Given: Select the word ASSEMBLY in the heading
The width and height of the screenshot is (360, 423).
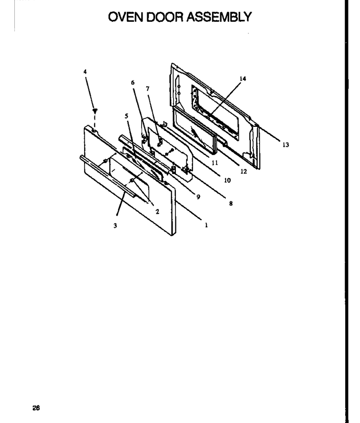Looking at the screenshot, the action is (219, 17).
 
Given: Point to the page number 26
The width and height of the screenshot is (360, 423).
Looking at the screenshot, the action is (36, 408).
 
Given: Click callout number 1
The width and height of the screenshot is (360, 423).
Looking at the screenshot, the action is (206, 225).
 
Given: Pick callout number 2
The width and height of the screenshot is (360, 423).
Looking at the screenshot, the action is (157, 211).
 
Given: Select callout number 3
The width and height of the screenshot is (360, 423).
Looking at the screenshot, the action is (115, 225).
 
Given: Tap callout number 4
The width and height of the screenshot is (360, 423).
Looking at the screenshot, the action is (85, 72).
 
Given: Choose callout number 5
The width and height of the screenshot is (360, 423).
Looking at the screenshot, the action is (126, 116).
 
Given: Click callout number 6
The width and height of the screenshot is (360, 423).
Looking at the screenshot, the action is (133, 82).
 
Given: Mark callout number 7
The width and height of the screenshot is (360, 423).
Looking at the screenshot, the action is (148, 88).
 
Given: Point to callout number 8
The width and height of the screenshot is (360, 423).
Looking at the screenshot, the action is (231, 204).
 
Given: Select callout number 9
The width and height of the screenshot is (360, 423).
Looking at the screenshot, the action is (199, 197).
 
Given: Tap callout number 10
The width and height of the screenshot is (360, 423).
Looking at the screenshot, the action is (227, 180).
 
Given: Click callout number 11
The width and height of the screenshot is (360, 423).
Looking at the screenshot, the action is (215, 162).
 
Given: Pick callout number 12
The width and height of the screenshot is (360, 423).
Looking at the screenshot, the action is (243, 171).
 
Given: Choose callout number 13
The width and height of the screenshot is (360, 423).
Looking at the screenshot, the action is (286, 145).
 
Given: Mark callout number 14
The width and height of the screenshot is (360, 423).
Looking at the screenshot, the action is (242, 79).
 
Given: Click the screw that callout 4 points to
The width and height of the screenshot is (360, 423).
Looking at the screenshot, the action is (95, 111).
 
